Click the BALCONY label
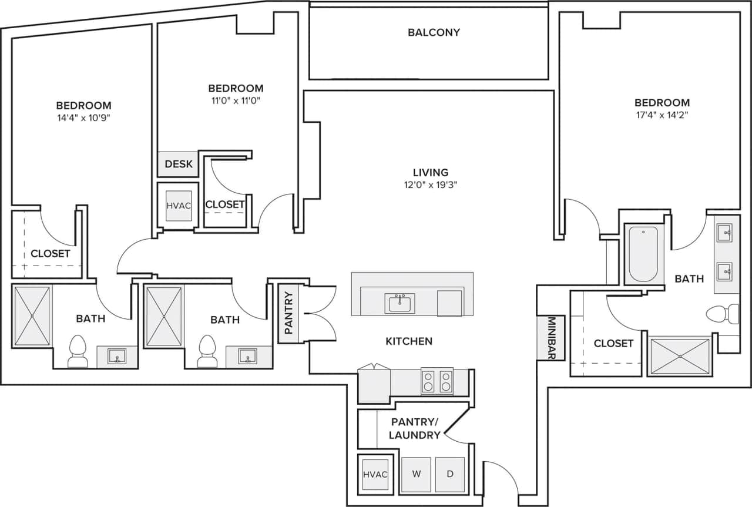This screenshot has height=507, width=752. tap(434, 32)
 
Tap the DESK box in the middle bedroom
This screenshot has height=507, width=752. tap(179, 164)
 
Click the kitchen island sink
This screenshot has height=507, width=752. tap(400, 303)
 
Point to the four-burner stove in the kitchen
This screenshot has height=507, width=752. tap(437, 381)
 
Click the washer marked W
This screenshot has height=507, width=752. tap(416, 474)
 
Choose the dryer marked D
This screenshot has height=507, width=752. tap(449, 474)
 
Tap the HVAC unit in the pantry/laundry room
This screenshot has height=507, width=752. tap(375, 474)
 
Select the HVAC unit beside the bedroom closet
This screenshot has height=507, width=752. tap(178, 206)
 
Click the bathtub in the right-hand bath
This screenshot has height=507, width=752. tap(643, 255)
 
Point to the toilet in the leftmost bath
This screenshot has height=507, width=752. tap(78, 351)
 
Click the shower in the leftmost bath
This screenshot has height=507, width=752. tap(32, 315)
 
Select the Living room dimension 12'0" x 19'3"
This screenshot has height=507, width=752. tap(431, 184)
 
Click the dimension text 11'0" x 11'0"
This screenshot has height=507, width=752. tap(236, 100)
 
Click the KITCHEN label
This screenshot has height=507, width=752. tap(409, 341)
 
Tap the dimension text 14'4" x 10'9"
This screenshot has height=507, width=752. tap(83, 117)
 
